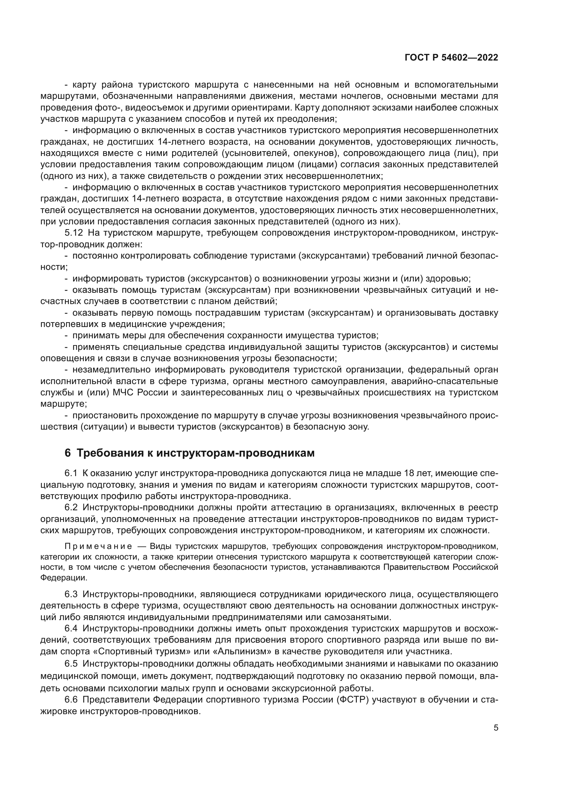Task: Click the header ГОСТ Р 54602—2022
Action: pyautogui.click(x=451, y=58)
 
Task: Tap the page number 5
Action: pyautogui.click(x=496, y=728)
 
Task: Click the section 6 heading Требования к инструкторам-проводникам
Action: pyautogui.click(x=190, y=453)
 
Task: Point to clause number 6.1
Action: pyautogui.click(x=71, y=473)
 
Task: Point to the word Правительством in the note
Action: pyautogui.click(x=416, y=567)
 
